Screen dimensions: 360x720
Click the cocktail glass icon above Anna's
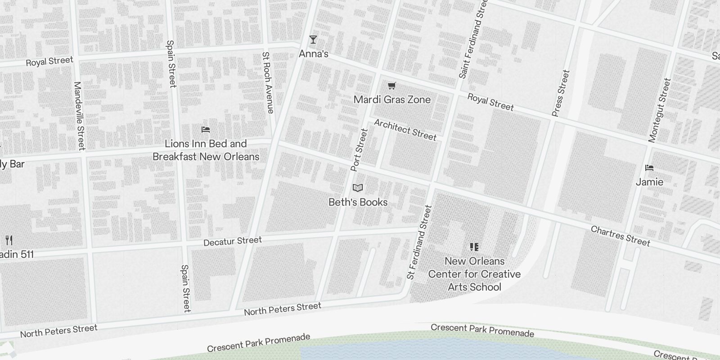pyautogui.click(x=313, y=40)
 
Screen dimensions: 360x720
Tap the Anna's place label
pyautogui.click(x=314, y=54)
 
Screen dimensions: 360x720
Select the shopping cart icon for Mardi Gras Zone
pyautogui.click(x=392, y=85)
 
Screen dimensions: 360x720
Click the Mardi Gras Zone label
pyautogui.click(x=392, y=99)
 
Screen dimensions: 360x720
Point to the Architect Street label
pyautogui.click(x=405, y=130)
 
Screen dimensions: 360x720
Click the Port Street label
pyautogui.click(x=360, y=150)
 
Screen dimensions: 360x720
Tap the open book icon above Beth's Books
pyautogui.click(x=358, y=188)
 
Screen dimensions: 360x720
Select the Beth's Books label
pyautogui.click(x=358, y=202)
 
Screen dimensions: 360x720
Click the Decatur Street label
pyautogui.click(x=232, y=241)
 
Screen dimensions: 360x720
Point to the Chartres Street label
pyautogui.click(x=620, y=236)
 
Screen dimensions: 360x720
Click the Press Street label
pyautogui.click(x=560, y=93)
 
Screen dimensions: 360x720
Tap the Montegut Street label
pyautogui.click(x=659, y=110)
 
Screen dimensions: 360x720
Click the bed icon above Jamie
pyautogui.click(x=649, y=168)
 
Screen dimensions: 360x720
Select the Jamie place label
pyautogui.click(x=649, y=182)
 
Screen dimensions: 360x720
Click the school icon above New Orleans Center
pyautogui.click(x=474, y=247)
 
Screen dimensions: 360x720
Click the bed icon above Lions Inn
pyautogui.click(x=206, y=130)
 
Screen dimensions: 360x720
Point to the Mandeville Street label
pyautogui.click(x=79, y=116)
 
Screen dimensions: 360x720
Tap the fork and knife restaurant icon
pyautogui.click(x=9, y=240)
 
